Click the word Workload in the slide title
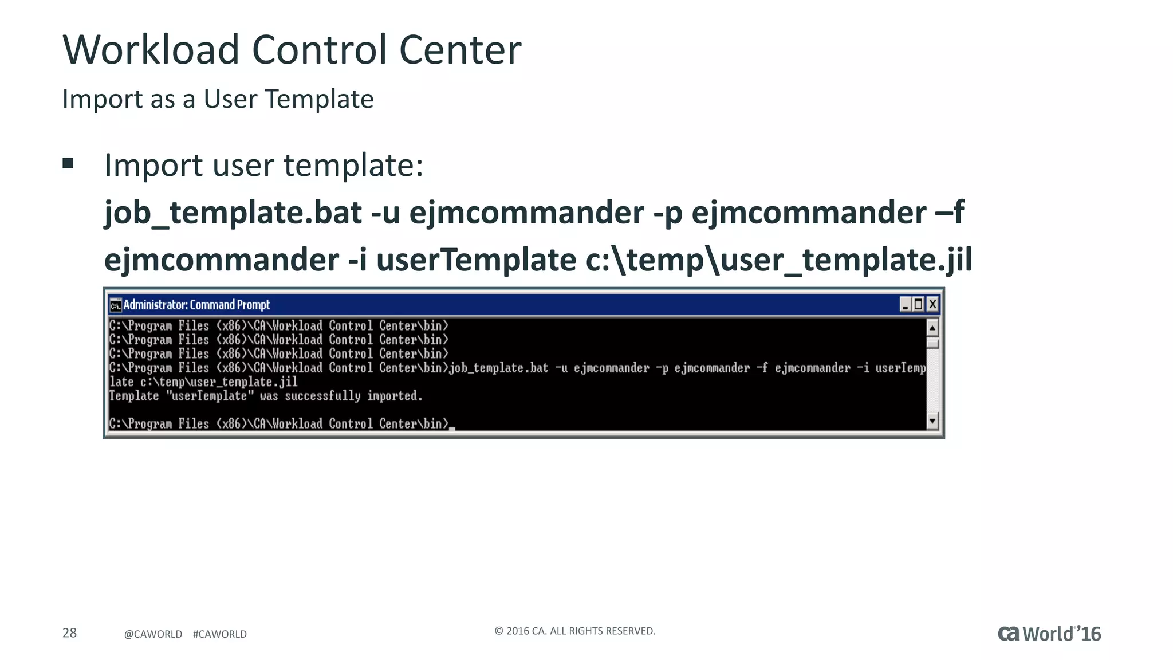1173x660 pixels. click(151, 50)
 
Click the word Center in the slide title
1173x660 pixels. click(460, 50)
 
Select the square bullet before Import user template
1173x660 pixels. click(68, 164)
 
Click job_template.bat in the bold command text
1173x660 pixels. click(233, 213)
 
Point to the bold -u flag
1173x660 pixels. click(385, 213)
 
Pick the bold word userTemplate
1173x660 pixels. click(476, 260)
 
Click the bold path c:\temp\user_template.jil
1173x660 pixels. click(779, 260)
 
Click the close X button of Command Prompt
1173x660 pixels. click(932, 304)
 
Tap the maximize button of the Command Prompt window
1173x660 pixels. click(919, 304)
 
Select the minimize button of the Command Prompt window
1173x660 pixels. click(906, 304)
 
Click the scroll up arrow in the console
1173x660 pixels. click(932, 328)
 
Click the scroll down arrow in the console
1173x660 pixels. click(932, 421)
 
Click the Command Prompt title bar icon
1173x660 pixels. click(116, 305)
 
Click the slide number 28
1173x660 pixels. click(69, 633)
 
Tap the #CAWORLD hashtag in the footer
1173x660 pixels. click(220, 634)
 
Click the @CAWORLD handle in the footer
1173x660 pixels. click(153, 634)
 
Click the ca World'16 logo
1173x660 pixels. click(1049, 634)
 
